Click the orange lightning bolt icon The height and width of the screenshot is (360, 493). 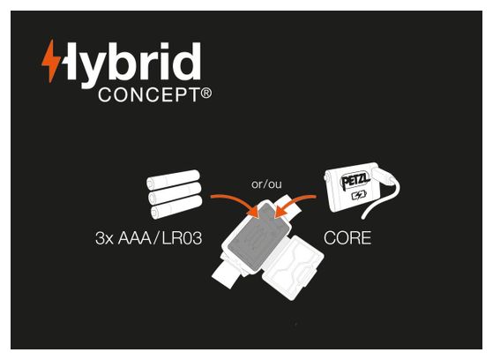[x=51, y=61]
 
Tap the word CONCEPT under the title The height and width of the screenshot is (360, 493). [x=148, y=94]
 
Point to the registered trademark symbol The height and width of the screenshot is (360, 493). [x=206, y=94]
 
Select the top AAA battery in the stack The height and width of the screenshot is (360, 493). [x=173, y=180]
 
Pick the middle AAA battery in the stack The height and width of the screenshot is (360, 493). [x=175, y=193]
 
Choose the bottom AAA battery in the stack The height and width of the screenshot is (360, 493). [x=176, y=207]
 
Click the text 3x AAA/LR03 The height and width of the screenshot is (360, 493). [x=148, y=238]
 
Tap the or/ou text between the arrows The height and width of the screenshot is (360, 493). [x=266, y=184]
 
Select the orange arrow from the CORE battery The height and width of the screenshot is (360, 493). [x=294, y=204]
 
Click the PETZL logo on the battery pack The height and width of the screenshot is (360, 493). [x=355, y=180]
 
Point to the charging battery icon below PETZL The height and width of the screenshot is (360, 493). [x=359, y=196]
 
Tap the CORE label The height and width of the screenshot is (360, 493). [x=347, y=238]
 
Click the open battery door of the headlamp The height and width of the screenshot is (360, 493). [x=293, y=267]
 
